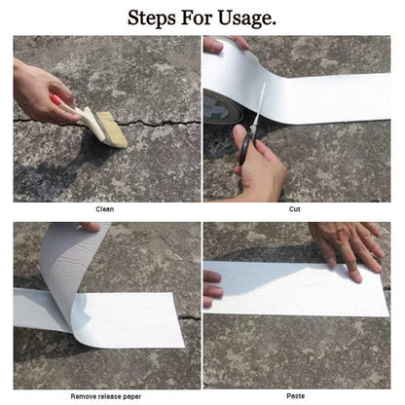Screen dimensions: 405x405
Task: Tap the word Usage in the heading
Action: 244,18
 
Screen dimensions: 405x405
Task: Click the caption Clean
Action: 104,209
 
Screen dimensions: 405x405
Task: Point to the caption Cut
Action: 295,209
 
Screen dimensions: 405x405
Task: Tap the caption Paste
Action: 295,396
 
